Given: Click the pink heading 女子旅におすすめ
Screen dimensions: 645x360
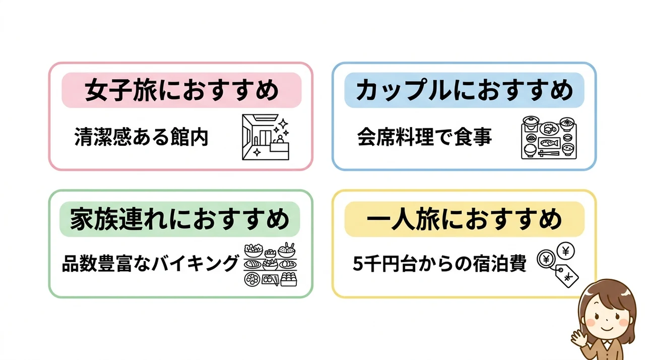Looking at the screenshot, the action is pyautogui.click(x=181, y=90).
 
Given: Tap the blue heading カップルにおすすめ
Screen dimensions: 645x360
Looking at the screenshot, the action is pyautogui.click(x=464, y=90).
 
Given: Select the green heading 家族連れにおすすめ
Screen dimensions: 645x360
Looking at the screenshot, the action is pyautogui.click(x=180, y=219).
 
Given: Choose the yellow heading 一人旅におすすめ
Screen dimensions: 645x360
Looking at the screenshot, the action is pyautogui.click(x=464, y=219).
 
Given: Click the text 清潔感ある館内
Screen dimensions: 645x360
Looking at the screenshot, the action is pyautogui.click(x=141, y=137).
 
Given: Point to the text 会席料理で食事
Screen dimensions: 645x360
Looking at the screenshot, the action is pyautogui.click(x=424, y=137).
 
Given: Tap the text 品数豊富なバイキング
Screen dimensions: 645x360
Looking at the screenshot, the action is pyautogui.click(x=150, y=263).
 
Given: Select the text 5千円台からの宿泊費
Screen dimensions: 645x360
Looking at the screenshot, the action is pyautogui.click(x=439, y=263).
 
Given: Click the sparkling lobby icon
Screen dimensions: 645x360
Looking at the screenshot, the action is pyautogui.click(x=266, y=137).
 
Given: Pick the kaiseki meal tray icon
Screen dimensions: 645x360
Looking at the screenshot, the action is pyautogui.click(x=549, y=138).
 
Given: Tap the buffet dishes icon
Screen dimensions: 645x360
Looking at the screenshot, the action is pyautogui.click(x=271, y=264).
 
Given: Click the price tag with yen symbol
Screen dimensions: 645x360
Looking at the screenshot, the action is pyautogui.click(x=567, y=276).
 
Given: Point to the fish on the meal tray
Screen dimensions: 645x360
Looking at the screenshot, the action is pyautogui.click(x=550, y=143).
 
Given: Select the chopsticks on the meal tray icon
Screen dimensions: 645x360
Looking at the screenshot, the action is pyautogui.click(x=549, y=153).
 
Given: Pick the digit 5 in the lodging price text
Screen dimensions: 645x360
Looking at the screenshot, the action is pyautogui.click(x=358, y=264).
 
